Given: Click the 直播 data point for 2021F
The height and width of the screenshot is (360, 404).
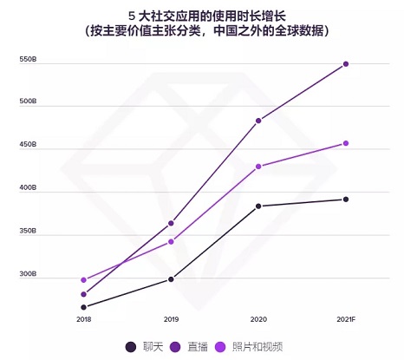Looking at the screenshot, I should pos(345,64).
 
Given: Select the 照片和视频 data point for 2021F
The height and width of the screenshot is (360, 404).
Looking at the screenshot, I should pos(345,143).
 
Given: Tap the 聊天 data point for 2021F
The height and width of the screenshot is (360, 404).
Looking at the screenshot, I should pos(345,200).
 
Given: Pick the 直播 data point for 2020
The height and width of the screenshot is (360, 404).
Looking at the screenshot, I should pos(258,121).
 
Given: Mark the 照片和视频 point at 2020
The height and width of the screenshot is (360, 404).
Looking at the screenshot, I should pos(258,167).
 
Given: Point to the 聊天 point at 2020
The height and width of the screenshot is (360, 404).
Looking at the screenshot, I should pos(258,206).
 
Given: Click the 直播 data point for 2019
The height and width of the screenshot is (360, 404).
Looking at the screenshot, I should pos(171,224).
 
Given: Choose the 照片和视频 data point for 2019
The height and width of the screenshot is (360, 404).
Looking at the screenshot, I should pos(171,241).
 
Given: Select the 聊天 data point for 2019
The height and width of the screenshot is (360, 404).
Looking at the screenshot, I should pos(171,279).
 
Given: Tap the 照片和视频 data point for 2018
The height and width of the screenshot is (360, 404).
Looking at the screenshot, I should pos(84,280).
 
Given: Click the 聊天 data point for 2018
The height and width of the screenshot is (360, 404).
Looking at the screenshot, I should pos(84,307).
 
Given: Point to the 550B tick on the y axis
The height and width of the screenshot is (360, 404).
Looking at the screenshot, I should pos(28,60).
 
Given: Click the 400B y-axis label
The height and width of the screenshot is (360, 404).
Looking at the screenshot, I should pos(28,188).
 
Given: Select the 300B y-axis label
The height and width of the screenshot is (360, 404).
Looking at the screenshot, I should pos(28,274).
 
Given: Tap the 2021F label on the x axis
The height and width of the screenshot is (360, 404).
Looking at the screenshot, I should pos(345,321).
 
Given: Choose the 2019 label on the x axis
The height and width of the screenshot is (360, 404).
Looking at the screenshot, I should pos(171,321).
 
